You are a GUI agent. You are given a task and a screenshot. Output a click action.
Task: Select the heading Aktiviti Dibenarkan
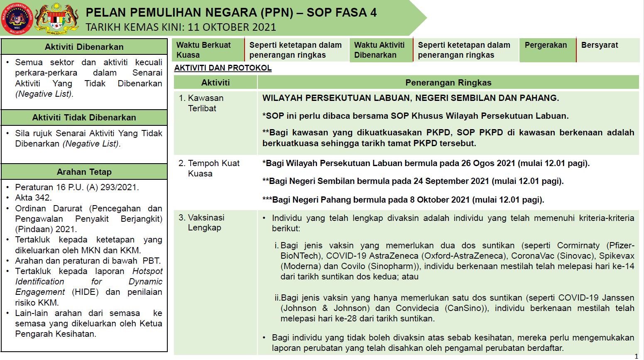[84, 47]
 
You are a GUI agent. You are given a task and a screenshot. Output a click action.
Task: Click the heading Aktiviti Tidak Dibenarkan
[84, 118]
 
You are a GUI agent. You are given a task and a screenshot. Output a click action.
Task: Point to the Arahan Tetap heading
[84, 172]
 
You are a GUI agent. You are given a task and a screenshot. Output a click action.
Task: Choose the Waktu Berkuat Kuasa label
[203, 50]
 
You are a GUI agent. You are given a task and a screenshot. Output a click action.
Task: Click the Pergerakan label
[546, 45]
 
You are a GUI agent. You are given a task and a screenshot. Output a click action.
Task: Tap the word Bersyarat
[600, 45]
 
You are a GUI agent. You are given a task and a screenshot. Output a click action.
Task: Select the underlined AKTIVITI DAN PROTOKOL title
[223, 68]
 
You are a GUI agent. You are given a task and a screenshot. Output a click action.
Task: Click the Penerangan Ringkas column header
[448, 83]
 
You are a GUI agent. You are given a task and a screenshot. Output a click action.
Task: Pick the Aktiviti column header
[215, 83]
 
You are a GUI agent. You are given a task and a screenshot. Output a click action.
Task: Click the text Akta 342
[33, 198]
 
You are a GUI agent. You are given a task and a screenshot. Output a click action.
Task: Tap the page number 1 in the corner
[637, 356]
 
